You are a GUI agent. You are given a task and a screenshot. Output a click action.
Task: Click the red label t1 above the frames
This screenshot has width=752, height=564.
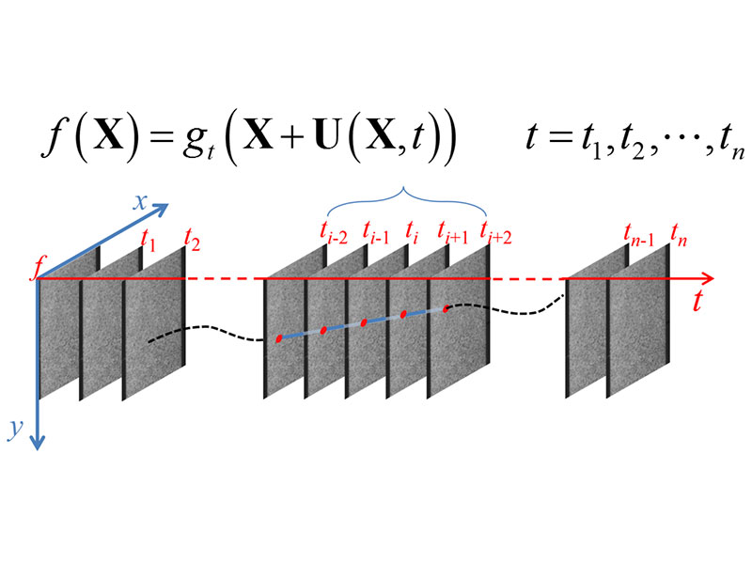click(149, 241)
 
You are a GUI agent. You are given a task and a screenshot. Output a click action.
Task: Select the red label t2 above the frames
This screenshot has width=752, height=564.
click(193, 241)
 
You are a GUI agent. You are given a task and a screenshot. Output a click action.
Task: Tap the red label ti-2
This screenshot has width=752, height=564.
click(334, 233)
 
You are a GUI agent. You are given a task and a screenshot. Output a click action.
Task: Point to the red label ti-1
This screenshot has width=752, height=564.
click(376, 232)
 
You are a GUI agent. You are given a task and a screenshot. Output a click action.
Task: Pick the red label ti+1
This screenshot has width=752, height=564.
click(453, 232)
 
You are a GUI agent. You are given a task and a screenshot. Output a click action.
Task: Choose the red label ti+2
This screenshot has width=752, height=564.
click(496, 233)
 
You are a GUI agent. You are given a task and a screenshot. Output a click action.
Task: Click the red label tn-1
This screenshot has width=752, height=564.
click(639, 236)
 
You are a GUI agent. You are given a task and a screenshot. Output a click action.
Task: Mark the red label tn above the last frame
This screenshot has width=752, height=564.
click(679, 236)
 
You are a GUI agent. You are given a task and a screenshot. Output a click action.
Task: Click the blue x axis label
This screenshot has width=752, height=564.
click(140, 203)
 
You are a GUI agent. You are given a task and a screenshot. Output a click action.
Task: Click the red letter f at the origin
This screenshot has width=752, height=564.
click(35, 269)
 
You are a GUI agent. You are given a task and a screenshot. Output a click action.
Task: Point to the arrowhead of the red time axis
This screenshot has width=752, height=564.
click(709, 278)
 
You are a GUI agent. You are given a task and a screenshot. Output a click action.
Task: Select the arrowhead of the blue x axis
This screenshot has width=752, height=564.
click(162, 209)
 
